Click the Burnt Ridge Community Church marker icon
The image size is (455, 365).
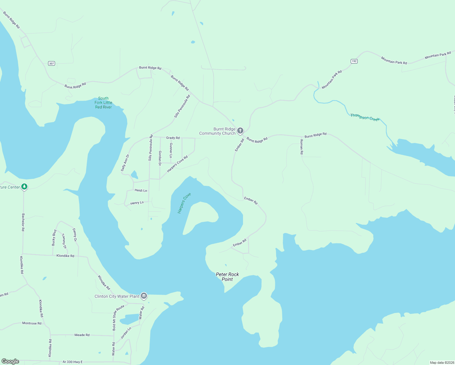(240, 131)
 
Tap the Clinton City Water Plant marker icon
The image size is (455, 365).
(144, 296)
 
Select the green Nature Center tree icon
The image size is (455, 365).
(24, 186)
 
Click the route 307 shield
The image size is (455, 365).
(51, 63)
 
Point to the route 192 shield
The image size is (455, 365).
(354, 61)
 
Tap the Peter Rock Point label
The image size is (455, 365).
(227, 277)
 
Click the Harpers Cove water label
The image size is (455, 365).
(184, 203)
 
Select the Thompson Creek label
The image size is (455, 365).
(365, 117)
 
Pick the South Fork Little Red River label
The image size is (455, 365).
(103, 103)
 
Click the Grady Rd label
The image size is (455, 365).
(173, 138)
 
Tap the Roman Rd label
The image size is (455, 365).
(302, 147)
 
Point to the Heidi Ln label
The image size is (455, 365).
(141, 190)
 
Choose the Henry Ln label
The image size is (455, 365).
(137, 203)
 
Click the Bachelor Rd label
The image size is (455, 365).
(23, 222)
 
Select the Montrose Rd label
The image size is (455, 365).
(32, 323)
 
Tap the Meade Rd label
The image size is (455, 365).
(82, 335)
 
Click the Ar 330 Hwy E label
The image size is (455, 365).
(72, 362)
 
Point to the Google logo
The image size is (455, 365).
(10, 361)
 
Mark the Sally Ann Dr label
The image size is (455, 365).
(125, 163)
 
